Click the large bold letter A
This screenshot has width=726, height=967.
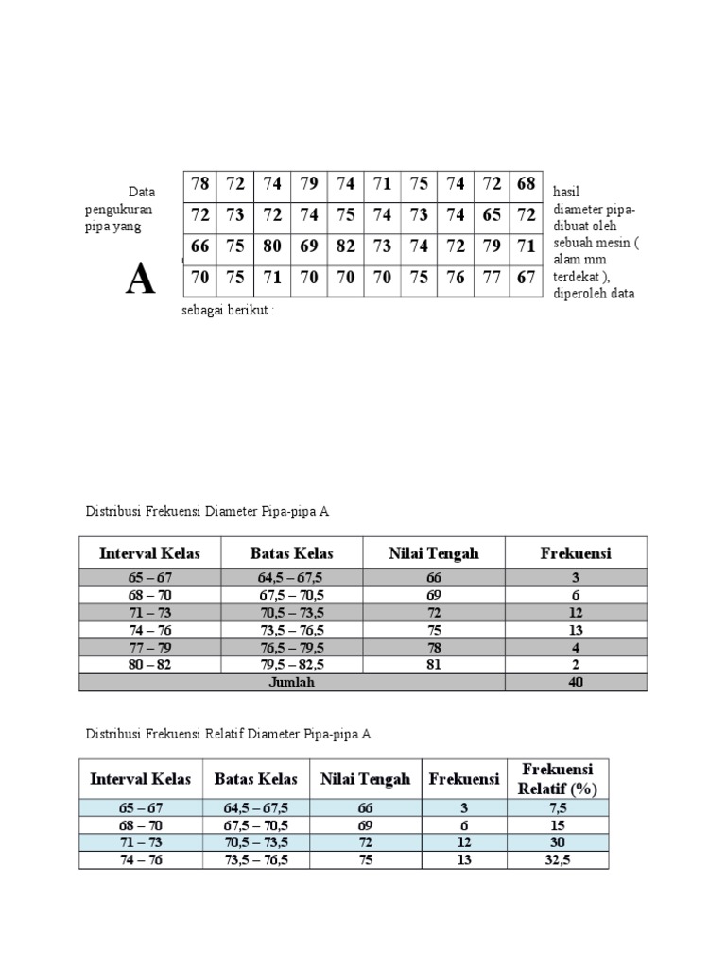tap(141, 280)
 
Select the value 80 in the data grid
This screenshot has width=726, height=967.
tap(272, 246)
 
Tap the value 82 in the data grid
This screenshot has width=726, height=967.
tap(346, 246)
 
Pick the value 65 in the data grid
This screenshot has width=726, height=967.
tap(493, 214)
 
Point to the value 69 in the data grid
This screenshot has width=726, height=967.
tap(309, 246)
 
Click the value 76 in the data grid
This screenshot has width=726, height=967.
tap(456, 279)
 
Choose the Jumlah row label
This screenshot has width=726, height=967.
tap(291, 683)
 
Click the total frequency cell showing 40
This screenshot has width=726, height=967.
tap(576, 683)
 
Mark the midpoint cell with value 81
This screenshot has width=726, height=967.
tap(434, 665)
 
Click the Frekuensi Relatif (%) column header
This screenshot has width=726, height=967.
tap(556, 779)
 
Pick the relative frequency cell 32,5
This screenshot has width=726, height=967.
tap(556, 860)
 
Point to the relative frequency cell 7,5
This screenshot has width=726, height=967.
tap(556, 807)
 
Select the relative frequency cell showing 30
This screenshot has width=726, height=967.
tap(556, 842)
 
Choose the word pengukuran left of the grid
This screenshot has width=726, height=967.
tap(118, 210)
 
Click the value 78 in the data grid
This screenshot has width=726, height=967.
tap(199, 183)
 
